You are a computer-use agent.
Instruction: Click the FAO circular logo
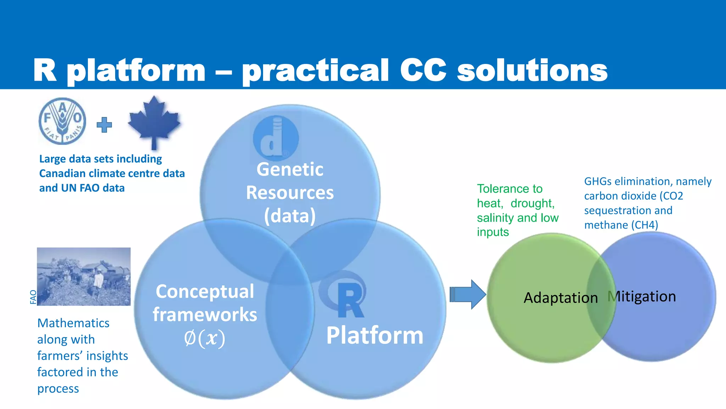62,121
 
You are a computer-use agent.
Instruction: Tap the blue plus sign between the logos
104,125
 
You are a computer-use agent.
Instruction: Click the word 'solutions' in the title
532,70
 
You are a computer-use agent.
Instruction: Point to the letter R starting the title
45,70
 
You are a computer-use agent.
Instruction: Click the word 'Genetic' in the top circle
290,169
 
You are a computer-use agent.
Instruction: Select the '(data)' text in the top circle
290,216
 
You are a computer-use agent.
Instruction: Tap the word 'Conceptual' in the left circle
205,291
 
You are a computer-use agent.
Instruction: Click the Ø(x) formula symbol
205,338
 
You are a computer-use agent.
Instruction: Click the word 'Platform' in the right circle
375,335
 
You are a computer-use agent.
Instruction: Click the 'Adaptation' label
560,298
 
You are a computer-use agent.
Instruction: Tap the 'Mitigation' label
642,296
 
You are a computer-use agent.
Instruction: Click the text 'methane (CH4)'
621,225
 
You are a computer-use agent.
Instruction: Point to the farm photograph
84,277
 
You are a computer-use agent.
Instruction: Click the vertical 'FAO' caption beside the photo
33,297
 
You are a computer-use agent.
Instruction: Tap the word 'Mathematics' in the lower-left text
73,323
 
